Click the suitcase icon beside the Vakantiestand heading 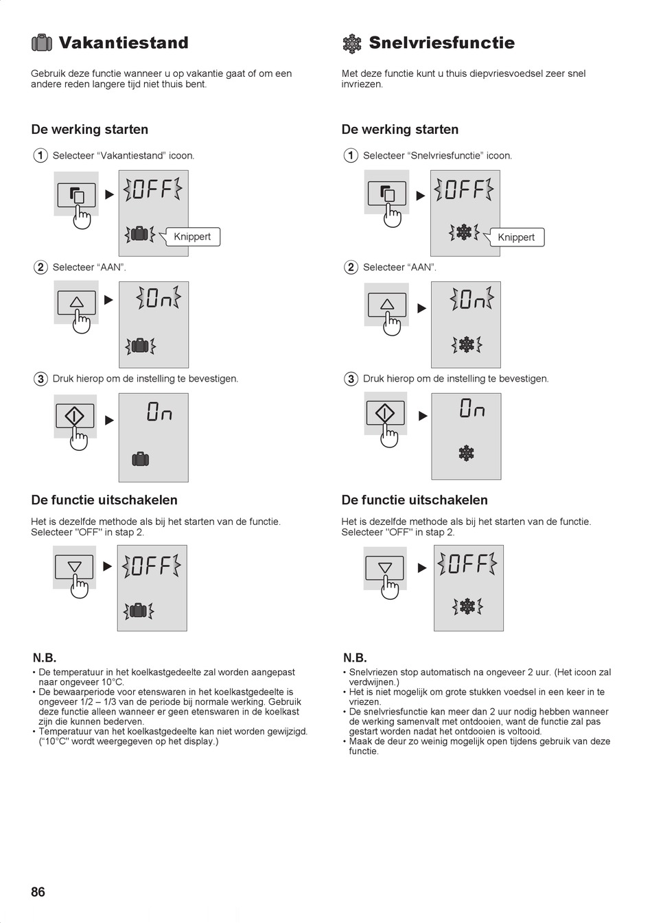(x=42, y=43)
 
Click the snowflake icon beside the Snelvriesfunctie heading (x=351, y=44)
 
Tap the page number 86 (x=38, y=891)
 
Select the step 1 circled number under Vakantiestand (x=40, y=156)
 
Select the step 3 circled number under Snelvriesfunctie (x=351, y=379)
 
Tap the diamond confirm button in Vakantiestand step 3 (x=75, y=416)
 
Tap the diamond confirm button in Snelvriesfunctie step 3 (x=385, y=412)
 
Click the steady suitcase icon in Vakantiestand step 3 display (x=140, y=458)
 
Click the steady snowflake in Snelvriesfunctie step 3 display (x=466, y=453)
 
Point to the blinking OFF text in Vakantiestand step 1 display (x=152, y=189)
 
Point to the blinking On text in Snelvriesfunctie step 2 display (x=472, y=299)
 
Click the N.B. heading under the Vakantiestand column (x=45, y=657)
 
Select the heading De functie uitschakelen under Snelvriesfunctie (x=415, y=500)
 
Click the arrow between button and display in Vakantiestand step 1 (x=109, y=194)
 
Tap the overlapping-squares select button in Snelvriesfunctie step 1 (x=387, y=193)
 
